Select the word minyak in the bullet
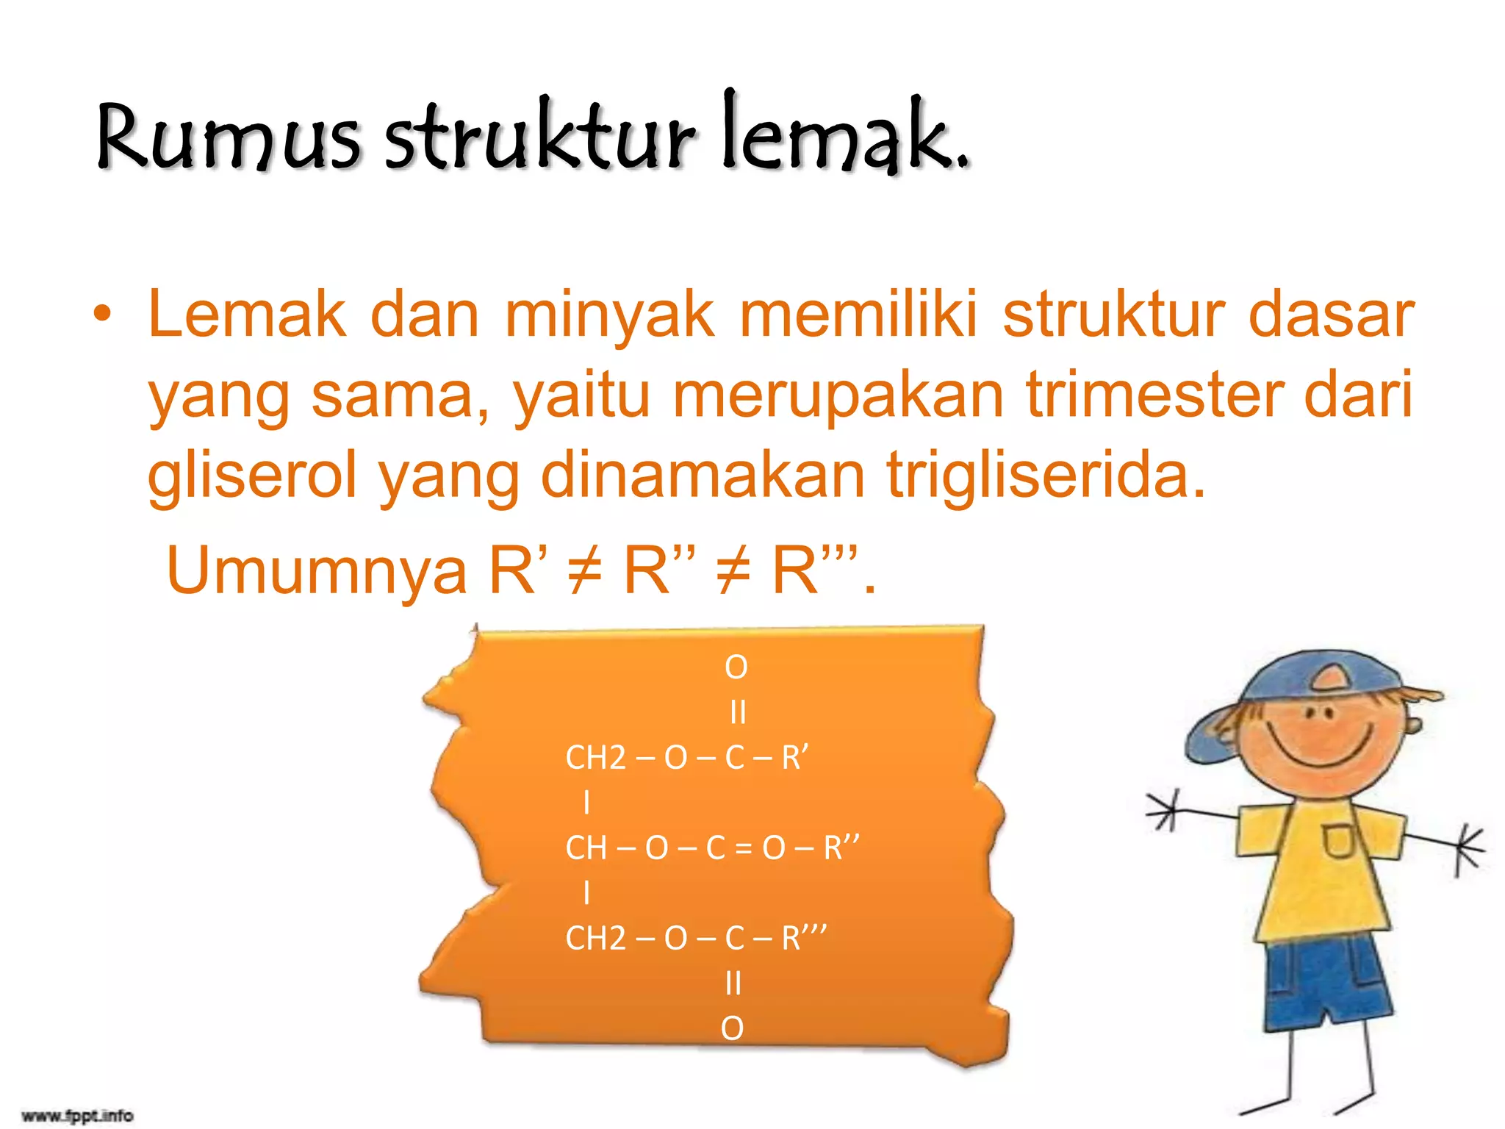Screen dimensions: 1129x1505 609,315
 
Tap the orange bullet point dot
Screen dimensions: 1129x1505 103,315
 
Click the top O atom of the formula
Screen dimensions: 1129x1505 736,667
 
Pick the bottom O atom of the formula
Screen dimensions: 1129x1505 732,1028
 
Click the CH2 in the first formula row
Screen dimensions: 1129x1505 595,758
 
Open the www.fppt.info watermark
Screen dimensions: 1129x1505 77,1116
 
